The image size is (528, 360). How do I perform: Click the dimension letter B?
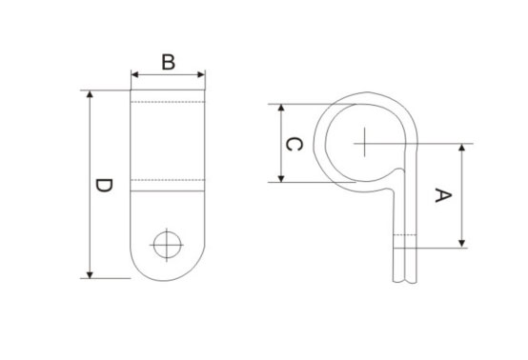pyautogui.click(x=168, y=63)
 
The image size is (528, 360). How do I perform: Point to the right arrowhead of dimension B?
pyautogui.click(x=202, y=73)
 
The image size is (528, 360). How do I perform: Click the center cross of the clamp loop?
pyautogui.click(x=365, y=144)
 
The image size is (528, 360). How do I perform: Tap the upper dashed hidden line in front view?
pyautogui.click(x=169, y=102)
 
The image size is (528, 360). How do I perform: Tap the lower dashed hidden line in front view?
pyautogui.click(x=169, y=180)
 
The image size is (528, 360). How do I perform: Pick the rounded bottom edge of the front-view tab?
pyautogui.click(x=169, y=277)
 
